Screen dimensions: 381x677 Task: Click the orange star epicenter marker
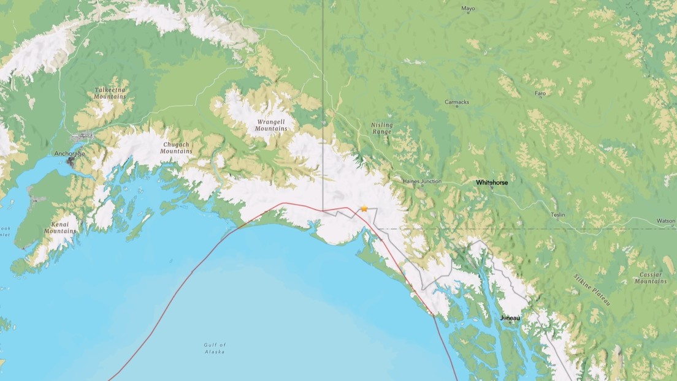[364, 209]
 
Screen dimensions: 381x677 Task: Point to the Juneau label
[510, 318]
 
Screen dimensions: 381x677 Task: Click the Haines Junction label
[422, 181]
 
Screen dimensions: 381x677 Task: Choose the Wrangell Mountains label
[270, 125]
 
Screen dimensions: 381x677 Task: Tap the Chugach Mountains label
[176, 148]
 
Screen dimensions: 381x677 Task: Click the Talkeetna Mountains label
[110, 93]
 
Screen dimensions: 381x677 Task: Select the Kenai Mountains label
[60, 228]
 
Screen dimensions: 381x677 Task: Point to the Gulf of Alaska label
[215, 349]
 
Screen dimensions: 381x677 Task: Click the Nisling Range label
[381, 129]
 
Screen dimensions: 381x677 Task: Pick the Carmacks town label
[456, 102]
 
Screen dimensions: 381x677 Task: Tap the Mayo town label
[468, 9]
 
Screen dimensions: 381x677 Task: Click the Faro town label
[540, 93]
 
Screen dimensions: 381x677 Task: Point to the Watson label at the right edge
[665, 221]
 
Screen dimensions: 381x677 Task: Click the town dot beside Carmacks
[457, 107]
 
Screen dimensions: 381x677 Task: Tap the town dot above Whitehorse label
[491, 187]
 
